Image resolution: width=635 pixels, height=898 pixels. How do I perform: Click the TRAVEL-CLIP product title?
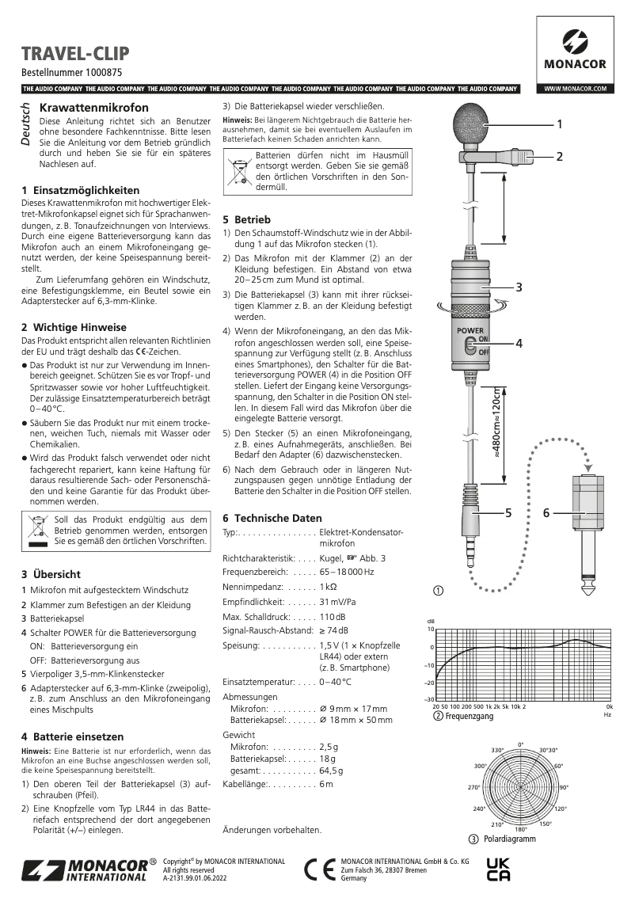coord(75,54)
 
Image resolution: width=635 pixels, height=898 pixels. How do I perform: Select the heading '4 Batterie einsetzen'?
coord(73,736)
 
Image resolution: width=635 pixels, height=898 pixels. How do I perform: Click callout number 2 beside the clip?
coord(559,157)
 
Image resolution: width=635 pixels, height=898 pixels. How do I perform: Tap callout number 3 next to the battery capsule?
coord(519,287)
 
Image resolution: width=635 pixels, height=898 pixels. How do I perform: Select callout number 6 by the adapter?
coord(546,514)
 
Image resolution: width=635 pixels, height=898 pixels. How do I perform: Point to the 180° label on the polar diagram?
coord(520,829)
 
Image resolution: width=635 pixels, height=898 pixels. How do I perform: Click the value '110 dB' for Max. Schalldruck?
coord(332,615)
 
